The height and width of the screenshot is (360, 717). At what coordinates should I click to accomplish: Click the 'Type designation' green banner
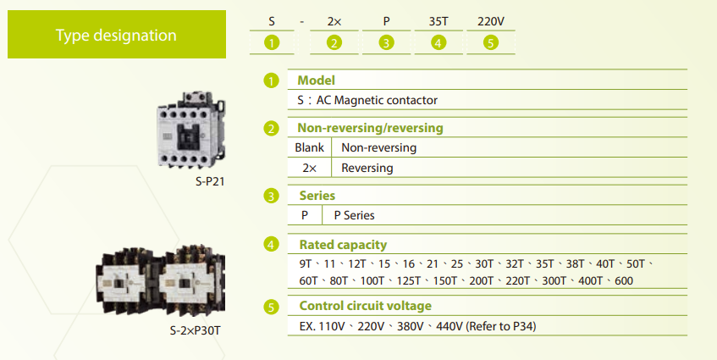tap(117, 35)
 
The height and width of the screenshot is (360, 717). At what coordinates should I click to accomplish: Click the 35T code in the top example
tap(438, 20)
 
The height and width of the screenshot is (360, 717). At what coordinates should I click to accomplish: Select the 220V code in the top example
tap(491, 20)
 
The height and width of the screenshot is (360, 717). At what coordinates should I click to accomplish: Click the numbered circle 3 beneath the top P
tap(386, 43)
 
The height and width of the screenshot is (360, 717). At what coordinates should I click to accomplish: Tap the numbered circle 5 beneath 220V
tap(491, 43)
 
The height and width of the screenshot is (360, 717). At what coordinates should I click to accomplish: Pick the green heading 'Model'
tap(316, 80)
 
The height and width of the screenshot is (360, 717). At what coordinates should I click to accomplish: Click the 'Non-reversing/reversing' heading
tap(370, 128)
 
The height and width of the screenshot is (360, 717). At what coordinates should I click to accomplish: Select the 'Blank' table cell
tap(309, 147)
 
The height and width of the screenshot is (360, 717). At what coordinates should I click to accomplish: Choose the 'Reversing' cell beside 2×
tap(367, 168)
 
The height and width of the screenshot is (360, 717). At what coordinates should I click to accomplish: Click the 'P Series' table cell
tap(354, 215)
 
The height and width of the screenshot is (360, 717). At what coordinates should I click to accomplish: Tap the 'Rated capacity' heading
tap(342, 245)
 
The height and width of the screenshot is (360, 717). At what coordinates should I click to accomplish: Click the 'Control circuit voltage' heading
tap(365, 306)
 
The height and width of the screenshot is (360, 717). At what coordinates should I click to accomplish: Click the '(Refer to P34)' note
tap(504, 326)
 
